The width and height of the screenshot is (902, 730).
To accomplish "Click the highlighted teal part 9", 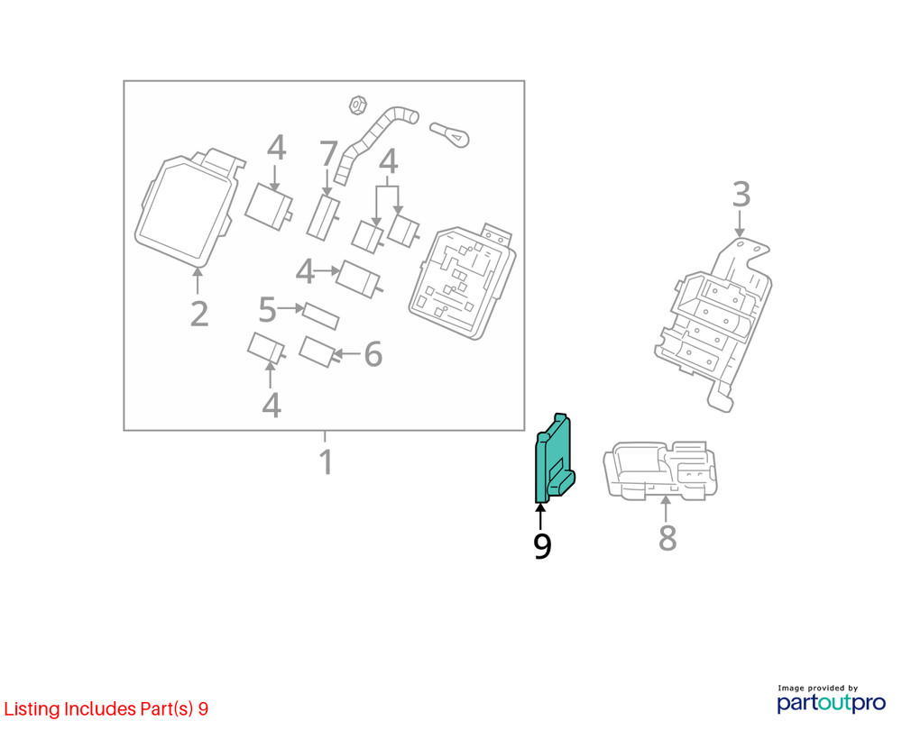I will pyautogui.click(x=553, y=460).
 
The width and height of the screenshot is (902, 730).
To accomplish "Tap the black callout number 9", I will pyautogui.click(x=541, y=546).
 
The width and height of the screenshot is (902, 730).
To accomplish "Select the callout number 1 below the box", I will pyautogui.click(x=326, y=462).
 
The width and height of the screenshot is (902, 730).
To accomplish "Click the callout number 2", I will pyautogui.click(x=199, y=313).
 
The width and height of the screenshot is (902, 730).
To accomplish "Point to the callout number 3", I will pyautogui.click(x=741, y=194).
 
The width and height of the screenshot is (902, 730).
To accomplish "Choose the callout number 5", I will pyautogui.click(x=267, y=309).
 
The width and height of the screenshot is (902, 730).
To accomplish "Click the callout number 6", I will pyautogui.click(x=373, y=355).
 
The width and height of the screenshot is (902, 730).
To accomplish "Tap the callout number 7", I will pyautogui.click(x=328, y=156).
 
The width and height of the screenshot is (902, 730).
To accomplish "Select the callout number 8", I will pyautogui.click(x=667, y=538).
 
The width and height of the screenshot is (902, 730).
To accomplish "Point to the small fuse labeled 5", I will pyautogui.click(x=320, y=315).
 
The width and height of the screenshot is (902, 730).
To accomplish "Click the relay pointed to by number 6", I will pyautogui.click(x=318, y=351).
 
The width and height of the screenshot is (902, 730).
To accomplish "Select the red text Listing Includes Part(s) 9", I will pyautogui.click(x=106, y=708).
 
